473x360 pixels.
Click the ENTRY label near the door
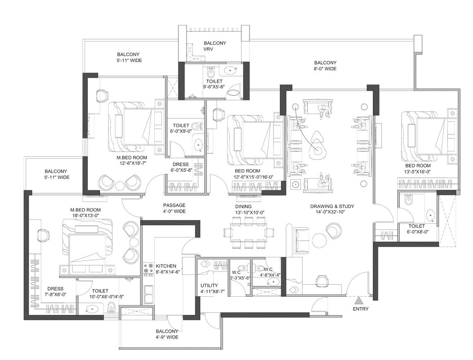tap(360, 309)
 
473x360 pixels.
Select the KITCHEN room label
tap(166, 266)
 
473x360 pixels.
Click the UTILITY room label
tap(209, 286)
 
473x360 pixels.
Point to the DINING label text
tap(244, 206)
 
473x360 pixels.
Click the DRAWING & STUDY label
tap(332, 206)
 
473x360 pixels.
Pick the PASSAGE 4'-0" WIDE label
tap(174, 208)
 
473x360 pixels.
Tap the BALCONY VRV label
tap(215, 46)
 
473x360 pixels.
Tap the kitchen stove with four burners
tap(148, 269)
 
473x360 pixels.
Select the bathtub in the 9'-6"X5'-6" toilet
tap(234, 91)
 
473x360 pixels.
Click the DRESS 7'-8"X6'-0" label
tap(55, 291)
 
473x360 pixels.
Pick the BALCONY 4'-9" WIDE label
tap(167, 334)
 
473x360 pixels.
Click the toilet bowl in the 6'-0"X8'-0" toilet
tap(409, 200)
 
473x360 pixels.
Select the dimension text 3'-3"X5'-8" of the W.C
tap(240, 278)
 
